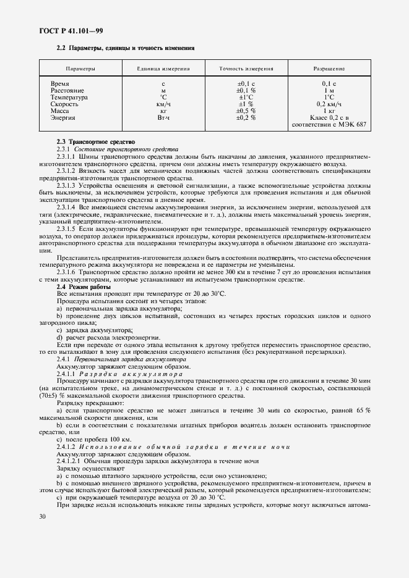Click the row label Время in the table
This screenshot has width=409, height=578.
(60, 83)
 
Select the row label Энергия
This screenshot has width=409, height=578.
(62, 117)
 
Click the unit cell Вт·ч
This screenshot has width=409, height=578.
(163, 117)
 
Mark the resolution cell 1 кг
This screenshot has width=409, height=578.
(329, 111)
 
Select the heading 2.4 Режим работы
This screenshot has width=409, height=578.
(83, 287)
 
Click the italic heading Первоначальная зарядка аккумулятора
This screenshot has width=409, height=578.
(130, 359)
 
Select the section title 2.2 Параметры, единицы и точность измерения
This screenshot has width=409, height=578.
(126, 48)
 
